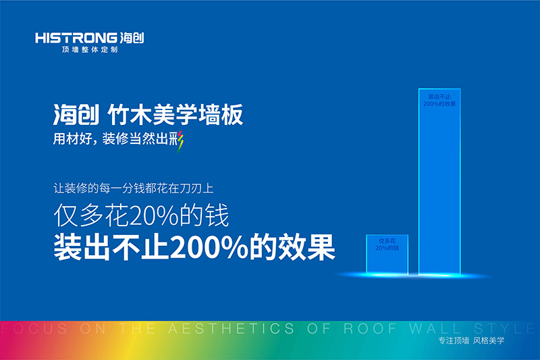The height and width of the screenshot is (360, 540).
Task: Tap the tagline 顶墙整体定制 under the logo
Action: pyautogui.click(x=90, y=51)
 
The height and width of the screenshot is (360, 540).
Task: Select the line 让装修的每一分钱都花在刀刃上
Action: pyautogui.click(x=134, y=190)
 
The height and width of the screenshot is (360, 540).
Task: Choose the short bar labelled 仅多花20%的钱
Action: pyautogui.click(x=387, y=255)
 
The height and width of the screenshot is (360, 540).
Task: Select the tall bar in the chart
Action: pyautogui.click(x=440, y=182)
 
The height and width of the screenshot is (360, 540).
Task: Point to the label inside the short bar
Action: pyautogui.click(x=387, y=245)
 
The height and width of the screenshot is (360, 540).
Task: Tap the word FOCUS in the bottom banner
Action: pyautogui.click(x=24, y=329)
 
